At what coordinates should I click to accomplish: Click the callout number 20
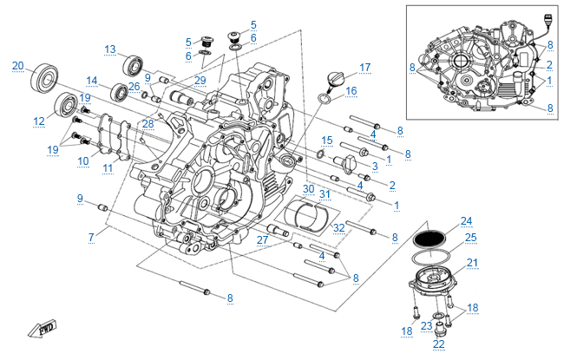[x=17, y=64]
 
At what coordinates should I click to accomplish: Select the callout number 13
[x=110, y=49]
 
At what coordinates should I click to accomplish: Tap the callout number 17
[x=364, y=67]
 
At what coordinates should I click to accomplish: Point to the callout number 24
[x=467, y=220]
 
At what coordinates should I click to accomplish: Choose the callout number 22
[x=438, y=344]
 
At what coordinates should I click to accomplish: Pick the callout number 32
[x=339, y=228]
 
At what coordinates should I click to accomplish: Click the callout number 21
[x=472, y=263]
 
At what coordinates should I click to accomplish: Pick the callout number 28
[x=148, y=123]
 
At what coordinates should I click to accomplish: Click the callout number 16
[x=351, y=90]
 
